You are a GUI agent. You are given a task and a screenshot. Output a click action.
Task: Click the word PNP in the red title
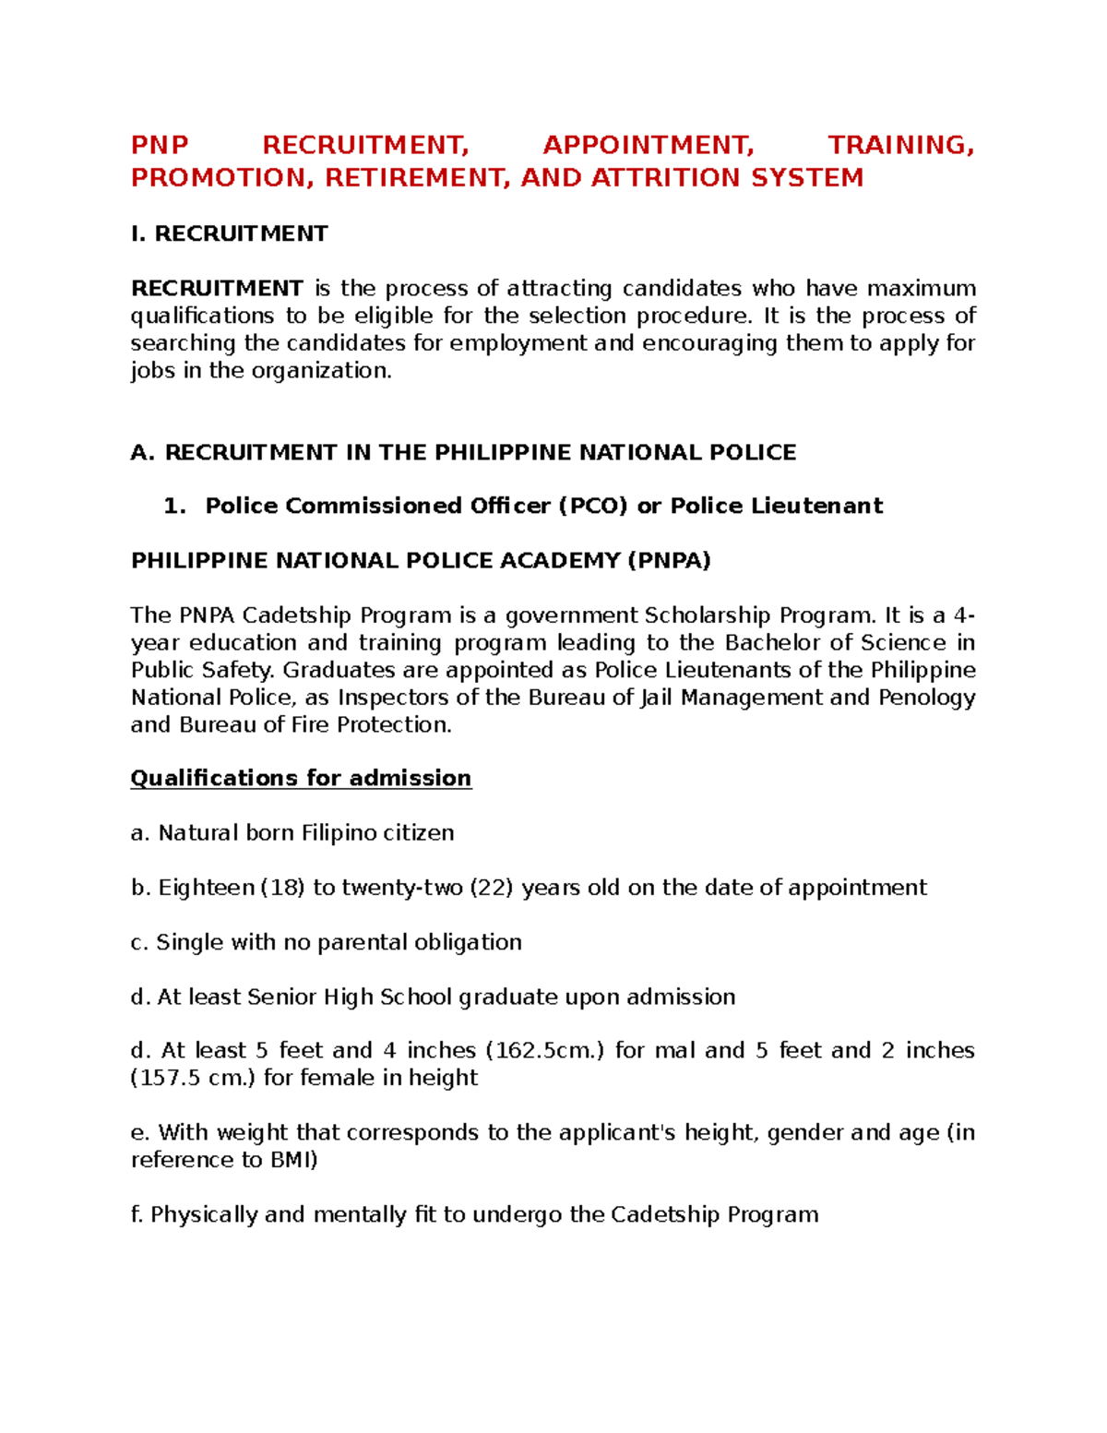[160, 145]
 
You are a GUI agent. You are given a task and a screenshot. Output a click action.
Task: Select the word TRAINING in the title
[900, 145]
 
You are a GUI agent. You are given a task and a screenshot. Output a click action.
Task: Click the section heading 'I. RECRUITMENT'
[229, 233]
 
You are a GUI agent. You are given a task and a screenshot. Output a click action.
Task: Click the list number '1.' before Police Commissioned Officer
[174, 506]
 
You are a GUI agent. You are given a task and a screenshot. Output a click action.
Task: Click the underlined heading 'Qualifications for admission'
[301, 778]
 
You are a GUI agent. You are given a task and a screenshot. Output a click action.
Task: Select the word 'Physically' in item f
[204, 1214]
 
